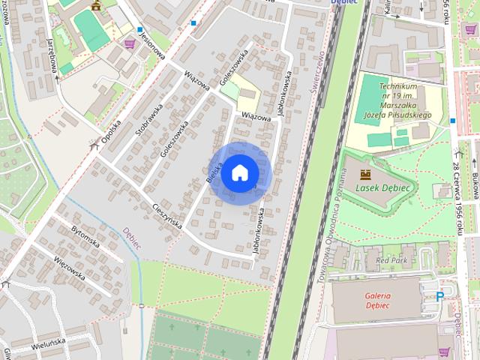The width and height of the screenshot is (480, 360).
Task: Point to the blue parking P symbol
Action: [439, 297]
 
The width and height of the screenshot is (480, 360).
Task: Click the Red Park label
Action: [391, 259]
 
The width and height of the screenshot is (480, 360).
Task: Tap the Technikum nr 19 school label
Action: [405, 102]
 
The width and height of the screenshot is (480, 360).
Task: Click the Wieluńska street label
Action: [49, 346]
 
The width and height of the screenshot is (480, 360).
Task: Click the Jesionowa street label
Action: [151, 48]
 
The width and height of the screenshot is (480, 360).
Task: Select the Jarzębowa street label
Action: [55, 55]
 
